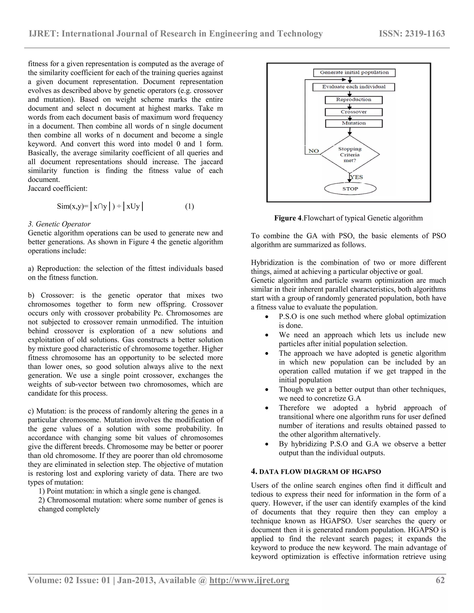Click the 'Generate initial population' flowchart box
tap(354, 73)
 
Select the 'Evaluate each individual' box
tap(354, 87)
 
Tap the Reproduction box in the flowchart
tap(354, 100)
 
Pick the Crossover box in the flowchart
tap(354, 112)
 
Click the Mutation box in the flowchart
tap(354, 123)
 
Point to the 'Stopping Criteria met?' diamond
tap(350, 154)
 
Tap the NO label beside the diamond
tap(313, 151)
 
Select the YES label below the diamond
tap(357, 177)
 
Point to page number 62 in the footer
tap(440, 580)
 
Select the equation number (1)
tap(189, 207)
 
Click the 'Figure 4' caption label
tap(288, 218)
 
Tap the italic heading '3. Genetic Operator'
tap(59, 224)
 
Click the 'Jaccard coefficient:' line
tap(58, 188)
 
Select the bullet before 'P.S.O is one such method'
tap(267, 317)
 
